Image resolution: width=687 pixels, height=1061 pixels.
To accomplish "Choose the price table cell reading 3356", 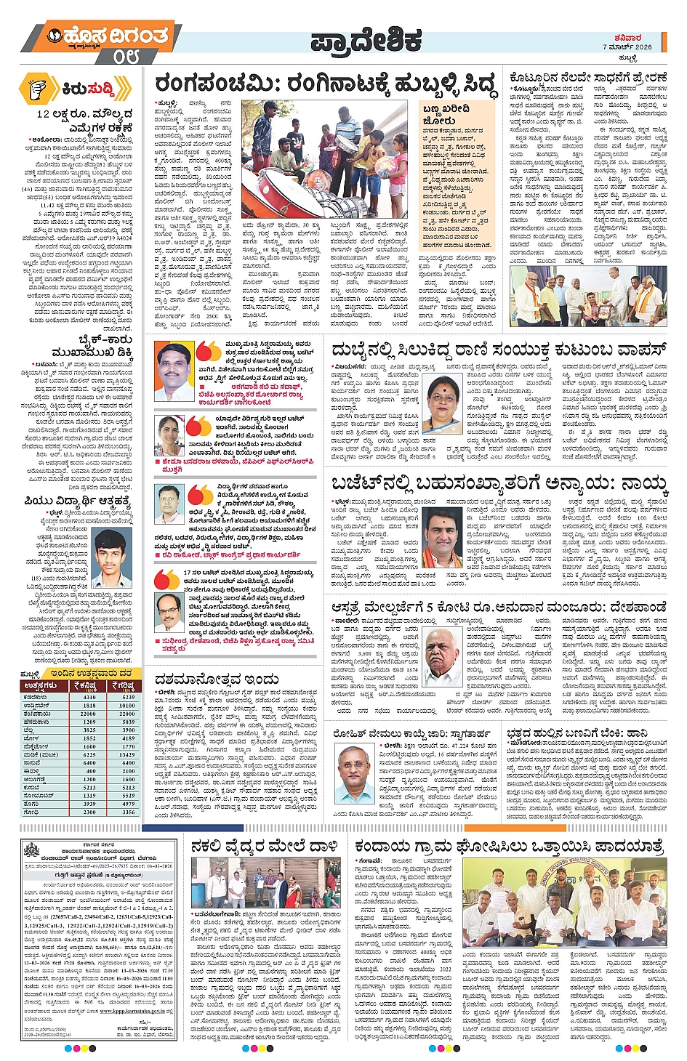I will [x=128, y=812].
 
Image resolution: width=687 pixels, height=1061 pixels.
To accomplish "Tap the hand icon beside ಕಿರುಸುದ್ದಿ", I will [x=38, y=89].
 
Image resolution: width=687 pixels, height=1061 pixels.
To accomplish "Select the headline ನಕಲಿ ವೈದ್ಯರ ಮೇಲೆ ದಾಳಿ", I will [x=265, y=847].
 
